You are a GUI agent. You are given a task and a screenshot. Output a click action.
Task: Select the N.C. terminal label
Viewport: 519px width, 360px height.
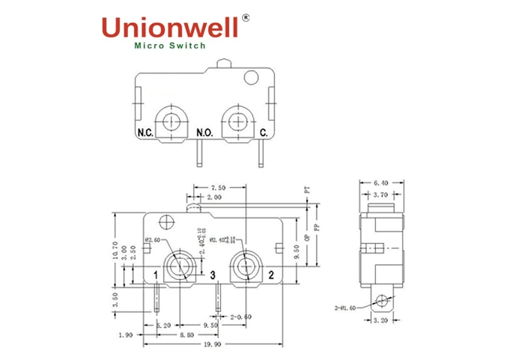coord(145,133)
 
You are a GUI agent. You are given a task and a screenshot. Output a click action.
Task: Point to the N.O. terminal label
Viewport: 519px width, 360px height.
coord(204,133)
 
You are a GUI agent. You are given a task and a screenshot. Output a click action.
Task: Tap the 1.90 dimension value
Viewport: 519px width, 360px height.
coord(124,336)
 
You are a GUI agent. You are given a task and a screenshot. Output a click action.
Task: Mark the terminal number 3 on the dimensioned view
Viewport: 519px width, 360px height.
coord(213,276)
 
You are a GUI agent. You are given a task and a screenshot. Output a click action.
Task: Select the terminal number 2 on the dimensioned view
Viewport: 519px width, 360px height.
coord(270,276)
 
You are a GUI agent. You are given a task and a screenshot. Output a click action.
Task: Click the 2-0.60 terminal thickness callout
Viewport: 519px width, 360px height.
coord(241,317)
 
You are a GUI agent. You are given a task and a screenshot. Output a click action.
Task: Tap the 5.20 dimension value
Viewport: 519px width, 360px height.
coord(164,326)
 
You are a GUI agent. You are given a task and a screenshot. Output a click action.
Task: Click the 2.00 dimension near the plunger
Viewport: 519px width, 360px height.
coord(213,198)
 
